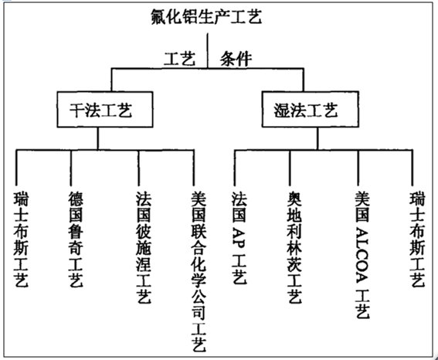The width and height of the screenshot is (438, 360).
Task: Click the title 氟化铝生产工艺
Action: [x=206, y=16]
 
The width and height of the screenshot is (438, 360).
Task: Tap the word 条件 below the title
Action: [x=236, y=59]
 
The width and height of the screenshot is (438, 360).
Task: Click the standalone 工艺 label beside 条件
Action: [x=180, y=59]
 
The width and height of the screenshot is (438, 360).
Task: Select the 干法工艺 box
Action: [x=105, y=110]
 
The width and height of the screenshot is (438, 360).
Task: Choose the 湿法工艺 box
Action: [x=310, y=109]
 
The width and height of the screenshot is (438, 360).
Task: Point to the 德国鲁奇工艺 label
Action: [x=76, y=239]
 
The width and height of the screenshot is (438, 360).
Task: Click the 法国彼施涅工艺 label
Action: [x=144, y=247]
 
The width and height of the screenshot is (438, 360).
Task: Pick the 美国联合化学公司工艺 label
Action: [x=199, y=271]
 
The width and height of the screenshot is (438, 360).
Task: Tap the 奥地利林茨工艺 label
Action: [x=294, y=247]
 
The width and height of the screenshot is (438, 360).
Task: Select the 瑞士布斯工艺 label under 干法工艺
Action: [x=21, y=239]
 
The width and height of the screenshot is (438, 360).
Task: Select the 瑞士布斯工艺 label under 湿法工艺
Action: [x=417, y=239]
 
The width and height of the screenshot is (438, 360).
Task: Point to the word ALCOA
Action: [x=362, y=256]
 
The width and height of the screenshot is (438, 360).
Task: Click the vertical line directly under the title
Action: [x=208, y=51]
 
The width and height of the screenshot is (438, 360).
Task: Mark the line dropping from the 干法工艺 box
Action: [x=98, y=139]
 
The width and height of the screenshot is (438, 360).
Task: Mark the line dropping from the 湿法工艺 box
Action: [x=317, y=139]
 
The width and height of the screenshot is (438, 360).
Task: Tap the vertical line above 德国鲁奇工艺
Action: [x=70, y=168]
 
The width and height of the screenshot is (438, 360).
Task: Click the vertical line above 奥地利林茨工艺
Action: [x=290, y=168]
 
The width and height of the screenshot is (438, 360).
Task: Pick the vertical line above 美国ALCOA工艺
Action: [x=358, y=168]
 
